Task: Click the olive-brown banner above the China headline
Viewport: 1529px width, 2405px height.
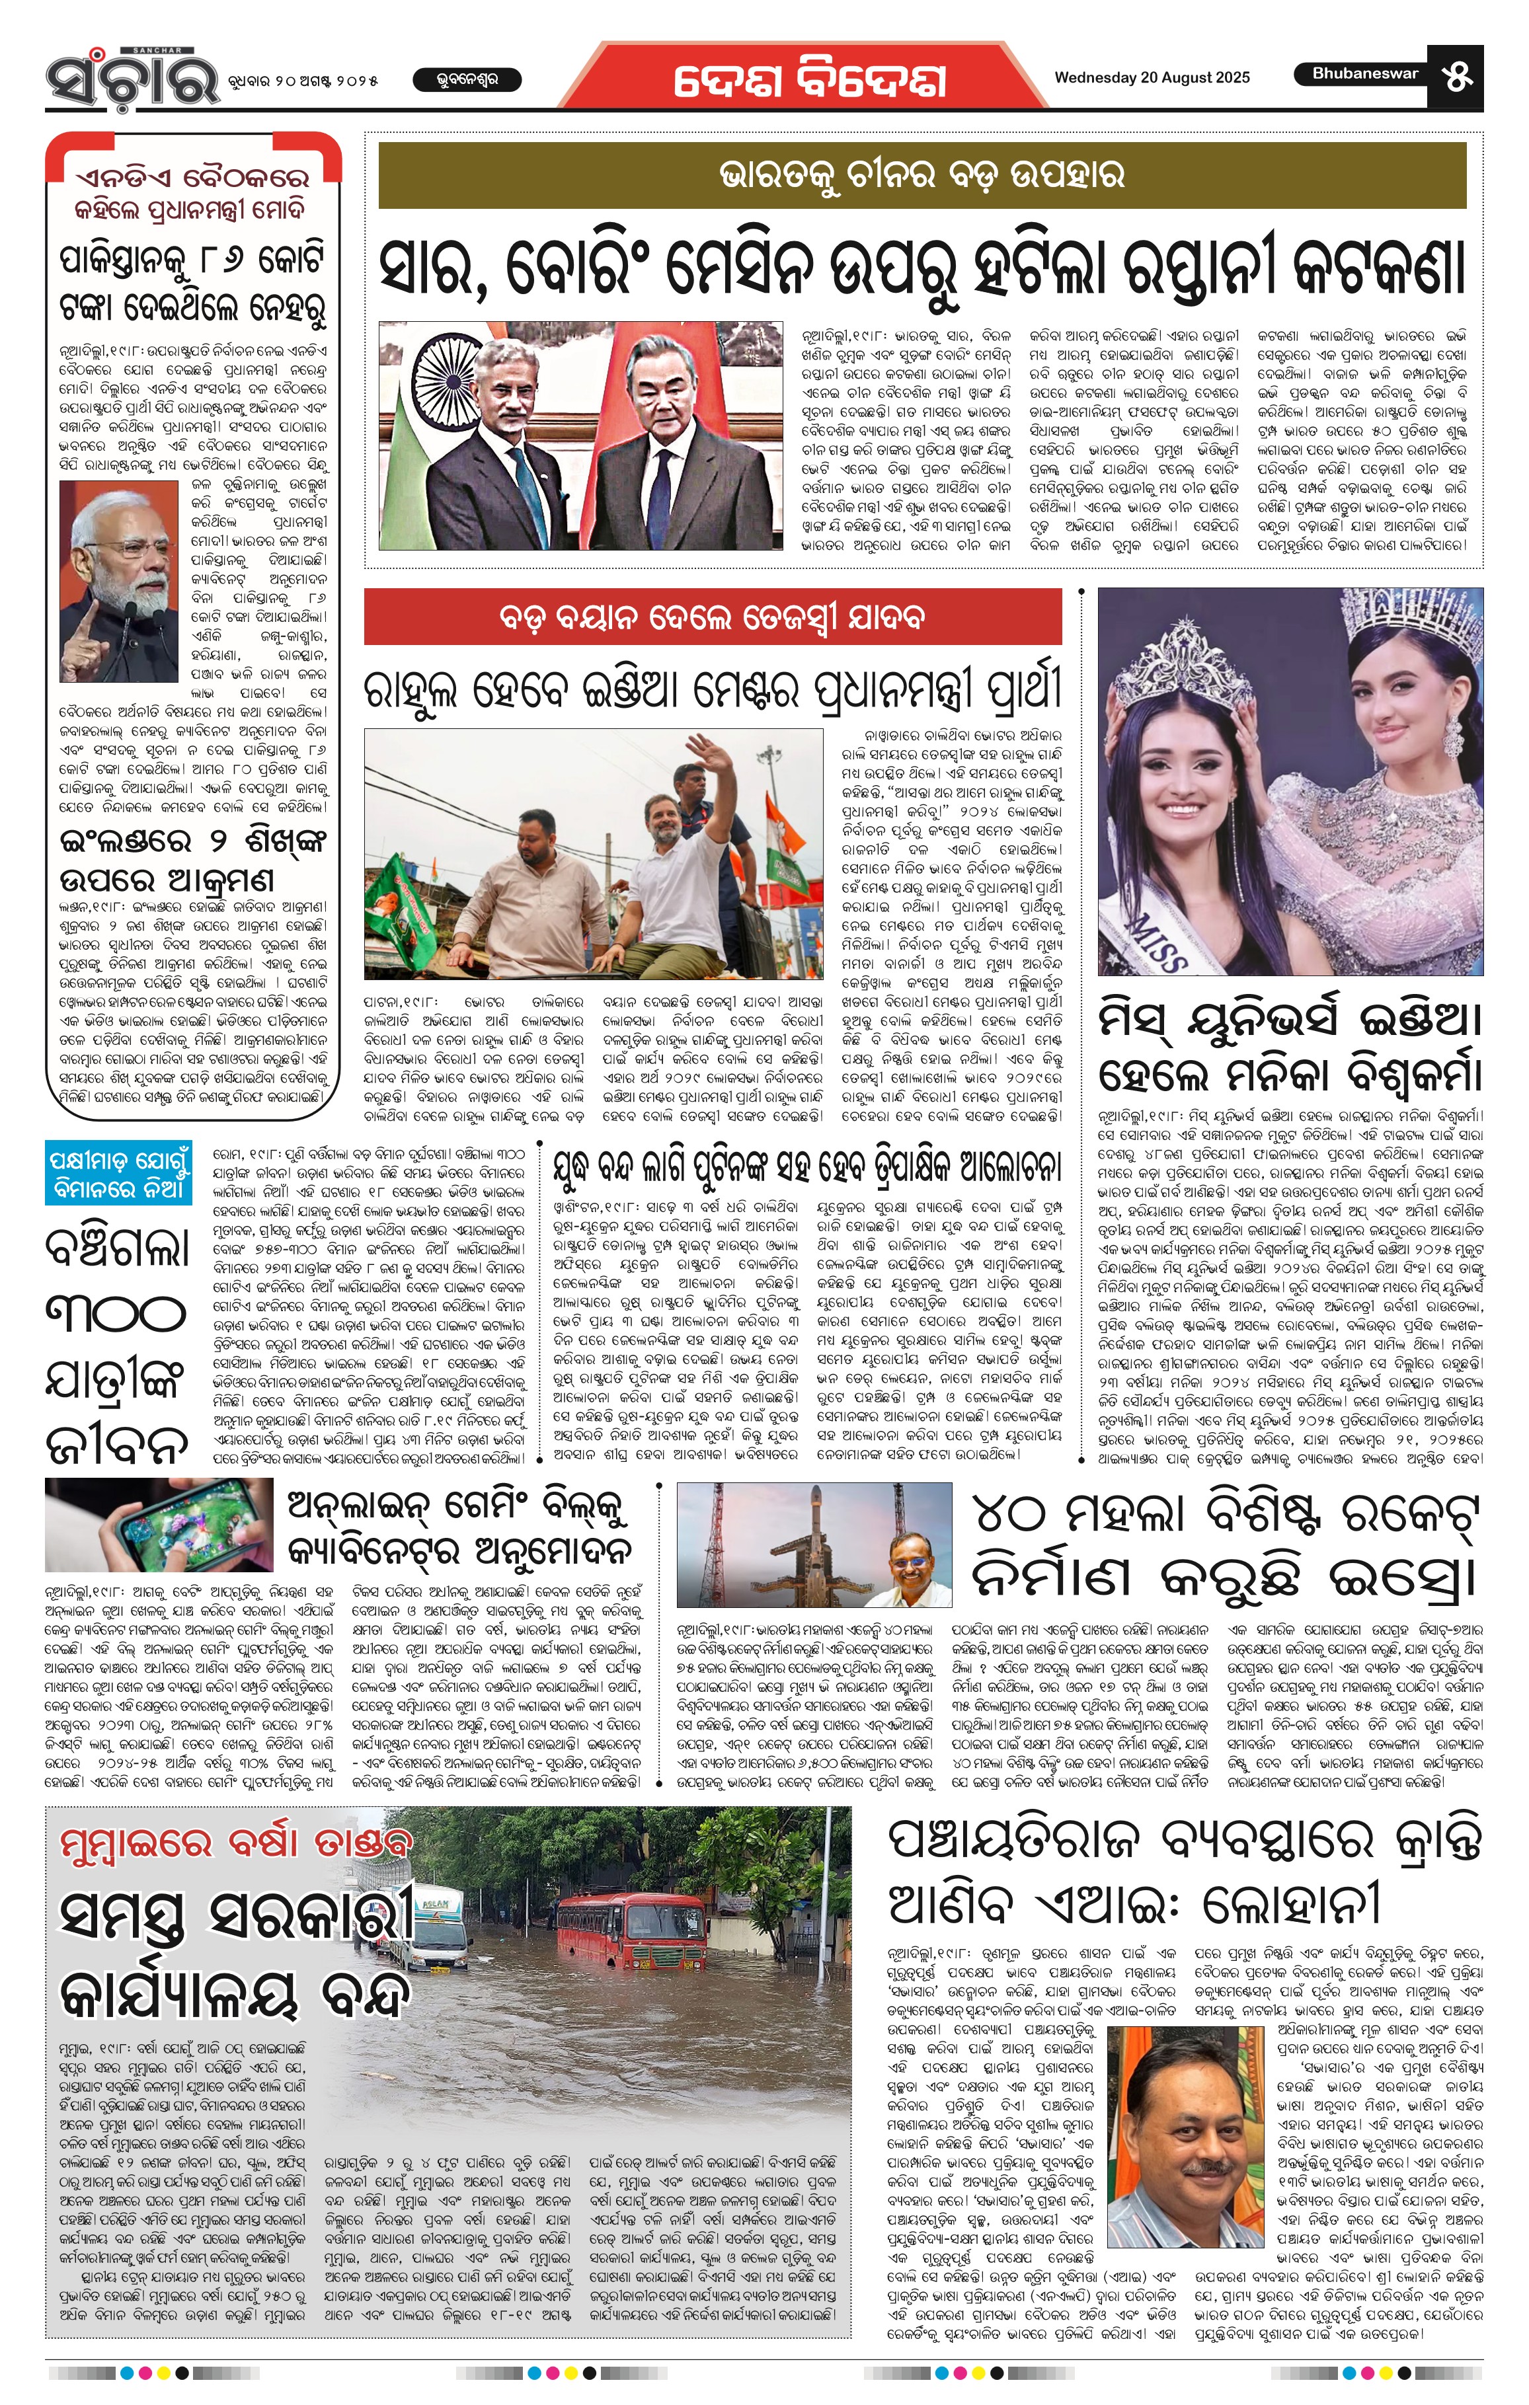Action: tap(923, 174)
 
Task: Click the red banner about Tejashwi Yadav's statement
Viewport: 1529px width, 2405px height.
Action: tap(712, 616)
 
